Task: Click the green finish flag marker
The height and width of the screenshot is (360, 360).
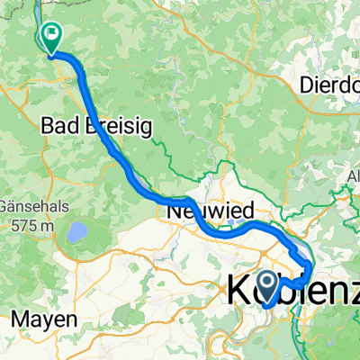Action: (x=51, y=38)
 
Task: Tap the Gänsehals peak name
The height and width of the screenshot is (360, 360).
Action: (x=34, y=205)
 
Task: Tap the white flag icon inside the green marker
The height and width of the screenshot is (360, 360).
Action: (x=52, y=37)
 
